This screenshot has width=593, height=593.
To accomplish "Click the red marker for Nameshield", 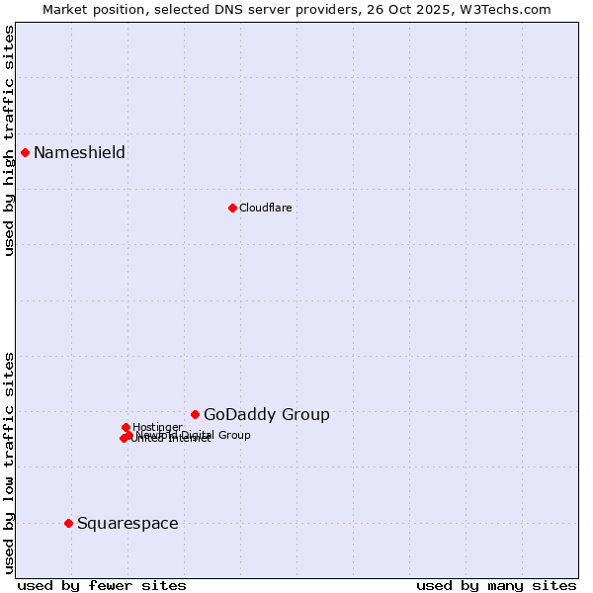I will click(25, 152).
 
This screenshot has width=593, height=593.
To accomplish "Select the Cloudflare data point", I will click(232, 208).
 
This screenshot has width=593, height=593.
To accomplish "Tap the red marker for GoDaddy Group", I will click(195, 414).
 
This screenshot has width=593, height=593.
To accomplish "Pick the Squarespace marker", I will click(68, 523).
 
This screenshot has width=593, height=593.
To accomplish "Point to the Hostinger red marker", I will click(126, 427).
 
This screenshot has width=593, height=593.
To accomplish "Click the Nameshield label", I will click(79, 152).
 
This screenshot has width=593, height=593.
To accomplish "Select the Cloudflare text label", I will click(265, 208).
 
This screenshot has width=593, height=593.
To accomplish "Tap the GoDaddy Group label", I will click(266, 414).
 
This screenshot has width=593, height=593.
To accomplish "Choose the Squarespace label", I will click(127, 523).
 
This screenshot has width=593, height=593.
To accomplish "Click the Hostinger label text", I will click(157, 427).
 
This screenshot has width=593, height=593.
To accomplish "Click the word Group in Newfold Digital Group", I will click(234, 435).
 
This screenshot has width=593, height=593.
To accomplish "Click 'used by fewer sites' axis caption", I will click(102, 585).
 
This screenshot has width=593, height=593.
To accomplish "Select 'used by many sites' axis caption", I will click(496, 585).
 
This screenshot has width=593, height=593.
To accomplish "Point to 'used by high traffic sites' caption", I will click(9, 140).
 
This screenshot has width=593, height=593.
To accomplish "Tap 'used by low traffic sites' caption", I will click(9, 463).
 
